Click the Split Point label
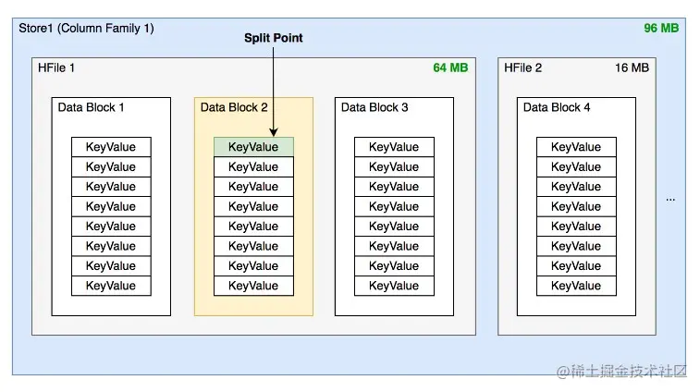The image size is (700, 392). tap(273, 38)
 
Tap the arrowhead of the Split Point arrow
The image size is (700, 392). tap(273, 132)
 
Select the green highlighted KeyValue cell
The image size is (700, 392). tap(253, 147)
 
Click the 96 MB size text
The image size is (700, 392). tap(661, 28)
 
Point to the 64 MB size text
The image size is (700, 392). tap(450, 67)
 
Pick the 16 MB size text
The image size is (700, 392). tap(632, 67)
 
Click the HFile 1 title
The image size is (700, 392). tap(56, 67)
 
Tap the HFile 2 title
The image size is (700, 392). tap(522, 67)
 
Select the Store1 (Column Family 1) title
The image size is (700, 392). tap(86, 28)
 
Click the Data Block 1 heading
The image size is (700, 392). tap(91, 107)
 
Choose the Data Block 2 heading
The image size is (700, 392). tap(234, 107)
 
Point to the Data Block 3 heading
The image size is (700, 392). tap(375, 107)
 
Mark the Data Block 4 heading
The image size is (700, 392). tap(557, 107)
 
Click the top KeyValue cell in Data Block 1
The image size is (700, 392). tap(111, 147)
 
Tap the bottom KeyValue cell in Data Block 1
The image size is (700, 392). tap(111, 286)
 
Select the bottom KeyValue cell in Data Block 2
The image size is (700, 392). tap(253, 286)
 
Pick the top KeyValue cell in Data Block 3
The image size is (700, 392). tap(394, 147)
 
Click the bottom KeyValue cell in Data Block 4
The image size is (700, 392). tap(576, 286)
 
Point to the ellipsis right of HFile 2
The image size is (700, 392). tap(670, 200)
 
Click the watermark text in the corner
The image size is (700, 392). tap(621, 371)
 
